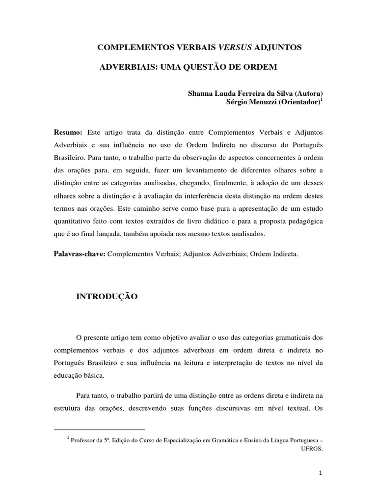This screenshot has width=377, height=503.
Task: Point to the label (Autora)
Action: [309, 93]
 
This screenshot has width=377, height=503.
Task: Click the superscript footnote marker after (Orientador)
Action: [322, 100]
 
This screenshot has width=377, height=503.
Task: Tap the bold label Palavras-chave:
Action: [79, 254]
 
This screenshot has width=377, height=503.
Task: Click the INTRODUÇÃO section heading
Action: [107, 297]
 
